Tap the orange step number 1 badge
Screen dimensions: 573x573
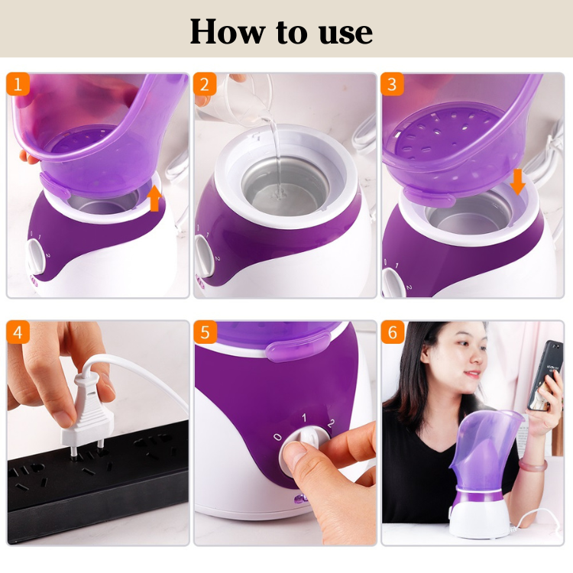(18, 84)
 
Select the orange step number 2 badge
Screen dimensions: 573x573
(206, 84)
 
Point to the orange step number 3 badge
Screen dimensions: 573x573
(393, 84)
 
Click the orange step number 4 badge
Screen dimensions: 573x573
(18, 332)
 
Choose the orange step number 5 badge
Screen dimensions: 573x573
(206, 332)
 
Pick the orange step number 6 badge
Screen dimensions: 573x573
(393, 332)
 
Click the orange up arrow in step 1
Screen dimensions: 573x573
(154, 197)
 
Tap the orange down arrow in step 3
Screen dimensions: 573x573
(518, 182)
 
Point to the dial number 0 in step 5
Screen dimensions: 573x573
(279, 438)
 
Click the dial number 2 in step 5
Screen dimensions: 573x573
(330, 423)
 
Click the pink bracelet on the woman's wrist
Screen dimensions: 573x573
(533, 464)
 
